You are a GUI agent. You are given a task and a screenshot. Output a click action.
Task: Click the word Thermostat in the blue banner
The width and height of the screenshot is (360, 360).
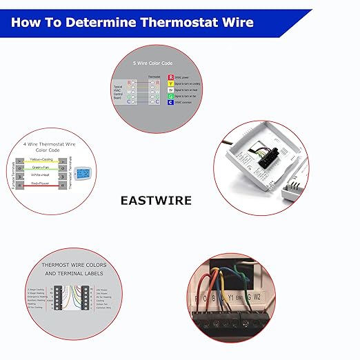tap(181, 22)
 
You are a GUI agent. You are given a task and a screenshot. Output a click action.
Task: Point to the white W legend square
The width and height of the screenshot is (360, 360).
tap(181, 90)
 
